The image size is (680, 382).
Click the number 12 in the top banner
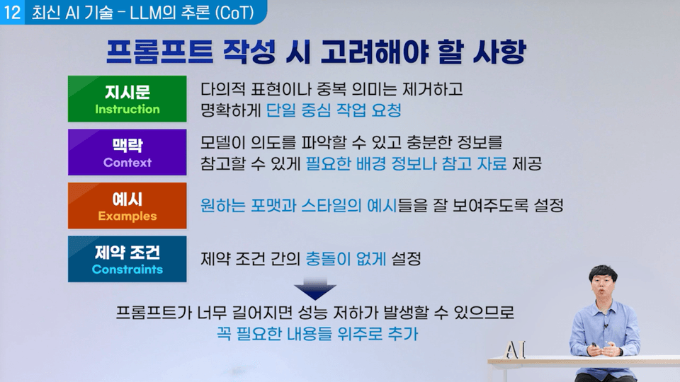pos(12,12)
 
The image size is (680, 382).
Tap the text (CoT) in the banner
pos(234,13)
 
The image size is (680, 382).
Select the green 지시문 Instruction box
pos(127,99)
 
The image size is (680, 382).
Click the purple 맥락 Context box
pos(127,152)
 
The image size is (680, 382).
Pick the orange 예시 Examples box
pos(127,206)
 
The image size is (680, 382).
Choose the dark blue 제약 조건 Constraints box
pos(127,259)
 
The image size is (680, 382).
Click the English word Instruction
pos(127,109)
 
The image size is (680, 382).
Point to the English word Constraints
pos(127,270)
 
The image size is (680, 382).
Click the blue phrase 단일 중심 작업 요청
pos(334,110)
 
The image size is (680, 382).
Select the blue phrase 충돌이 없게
pos(346,259)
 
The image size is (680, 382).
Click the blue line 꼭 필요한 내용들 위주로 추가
pos(317,334)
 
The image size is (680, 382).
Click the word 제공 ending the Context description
pos(527,163)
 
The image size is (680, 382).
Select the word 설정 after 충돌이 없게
pos(407,259)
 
